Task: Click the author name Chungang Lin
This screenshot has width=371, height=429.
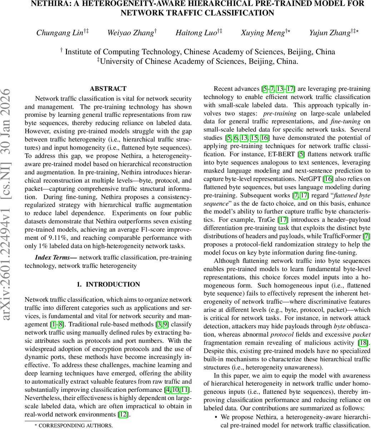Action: click(x=59, y=33)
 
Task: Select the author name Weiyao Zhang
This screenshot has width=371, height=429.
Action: click(x=130, y=33)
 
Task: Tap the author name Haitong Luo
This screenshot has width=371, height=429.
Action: click(x=196, y=33)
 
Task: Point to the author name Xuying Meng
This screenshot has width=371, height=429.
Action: click(x=262, y=33)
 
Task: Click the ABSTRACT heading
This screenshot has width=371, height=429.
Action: click(x=108, y=89)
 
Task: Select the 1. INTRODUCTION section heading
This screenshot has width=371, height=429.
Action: click(x=108, y=284)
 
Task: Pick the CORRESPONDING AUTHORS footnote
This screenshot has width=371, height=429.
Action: click(x=73, y=425)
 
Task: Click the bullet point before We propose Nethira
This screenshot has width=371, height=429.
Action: click(x=216, y=417)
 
